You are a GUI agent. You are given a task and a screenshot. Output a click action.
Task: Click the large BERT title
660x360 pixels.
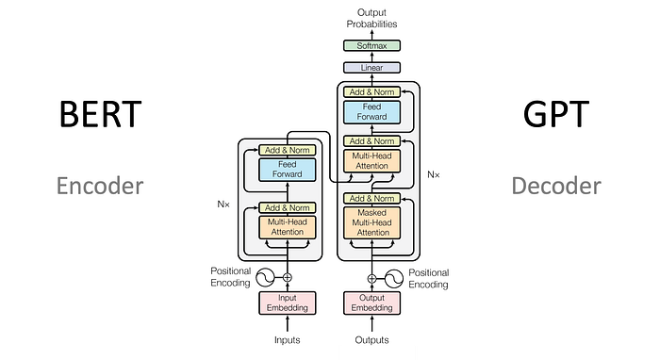click(100, 113)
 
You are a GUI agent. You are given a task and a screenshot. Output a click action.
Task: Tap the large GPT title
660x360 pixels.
click(555, 113)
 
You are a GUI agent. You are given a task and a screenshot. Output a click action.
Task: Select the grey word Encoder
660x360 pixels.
click(100, 186)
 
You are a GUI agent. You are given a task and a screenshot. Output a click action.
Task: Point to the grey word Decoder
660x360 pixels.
click(556, 186)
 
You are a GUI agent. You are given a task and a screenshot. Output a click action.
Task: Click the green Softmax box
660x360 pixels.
click(371, 45)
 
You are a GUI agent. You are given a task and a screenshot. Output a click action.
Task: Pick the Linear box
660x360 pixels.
click(371, 67)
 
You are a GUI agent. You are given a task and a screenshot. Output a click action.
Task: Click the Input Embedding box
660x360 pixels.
click(287, 303)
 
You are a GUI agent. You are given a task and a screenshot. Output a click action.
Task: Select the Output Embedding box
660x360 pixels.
click(371, 303)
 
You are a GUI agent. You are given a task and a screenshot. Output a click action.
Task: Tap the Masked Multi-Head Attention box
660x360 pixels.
click(371, 222)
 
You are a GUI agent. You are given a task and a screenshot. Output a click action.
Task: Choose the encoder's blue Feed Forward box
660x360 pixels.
click(287, 170)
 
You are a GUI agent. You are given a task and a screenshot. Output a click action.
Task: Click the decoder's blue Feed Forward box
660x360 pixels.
click(371, 112)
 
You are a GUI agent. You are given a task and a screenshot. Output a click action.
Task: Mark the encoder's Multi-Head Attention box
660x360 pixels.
click(287, 227)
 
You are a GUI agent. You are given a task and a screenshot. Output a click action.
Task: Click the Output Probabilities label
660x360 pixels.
click(371, 18)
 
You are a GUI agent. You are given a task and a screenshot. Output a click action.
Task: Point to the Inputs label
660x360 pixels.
click(287, 340)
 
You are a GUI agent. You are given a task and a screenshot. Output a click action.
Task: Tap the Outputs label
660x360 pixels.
click(371, 340)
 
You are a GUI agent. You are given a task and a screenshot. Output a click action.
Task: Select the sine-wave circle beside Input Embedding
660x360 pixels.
click(265, 278)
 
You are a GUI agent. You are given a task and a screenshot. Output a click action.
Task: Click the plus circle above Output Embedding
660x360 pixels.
click(371, 278)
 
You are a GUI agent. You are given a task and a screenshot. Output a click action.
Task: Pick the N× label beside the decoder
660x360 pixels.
click(434, 174)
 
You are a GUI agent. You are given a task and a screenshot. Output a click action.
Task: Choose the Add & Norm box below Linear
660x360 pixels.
click(371, 91)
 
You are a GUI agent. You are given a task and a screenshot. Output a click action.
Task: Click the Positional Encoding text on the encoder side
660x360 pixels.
click(230, 277)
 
